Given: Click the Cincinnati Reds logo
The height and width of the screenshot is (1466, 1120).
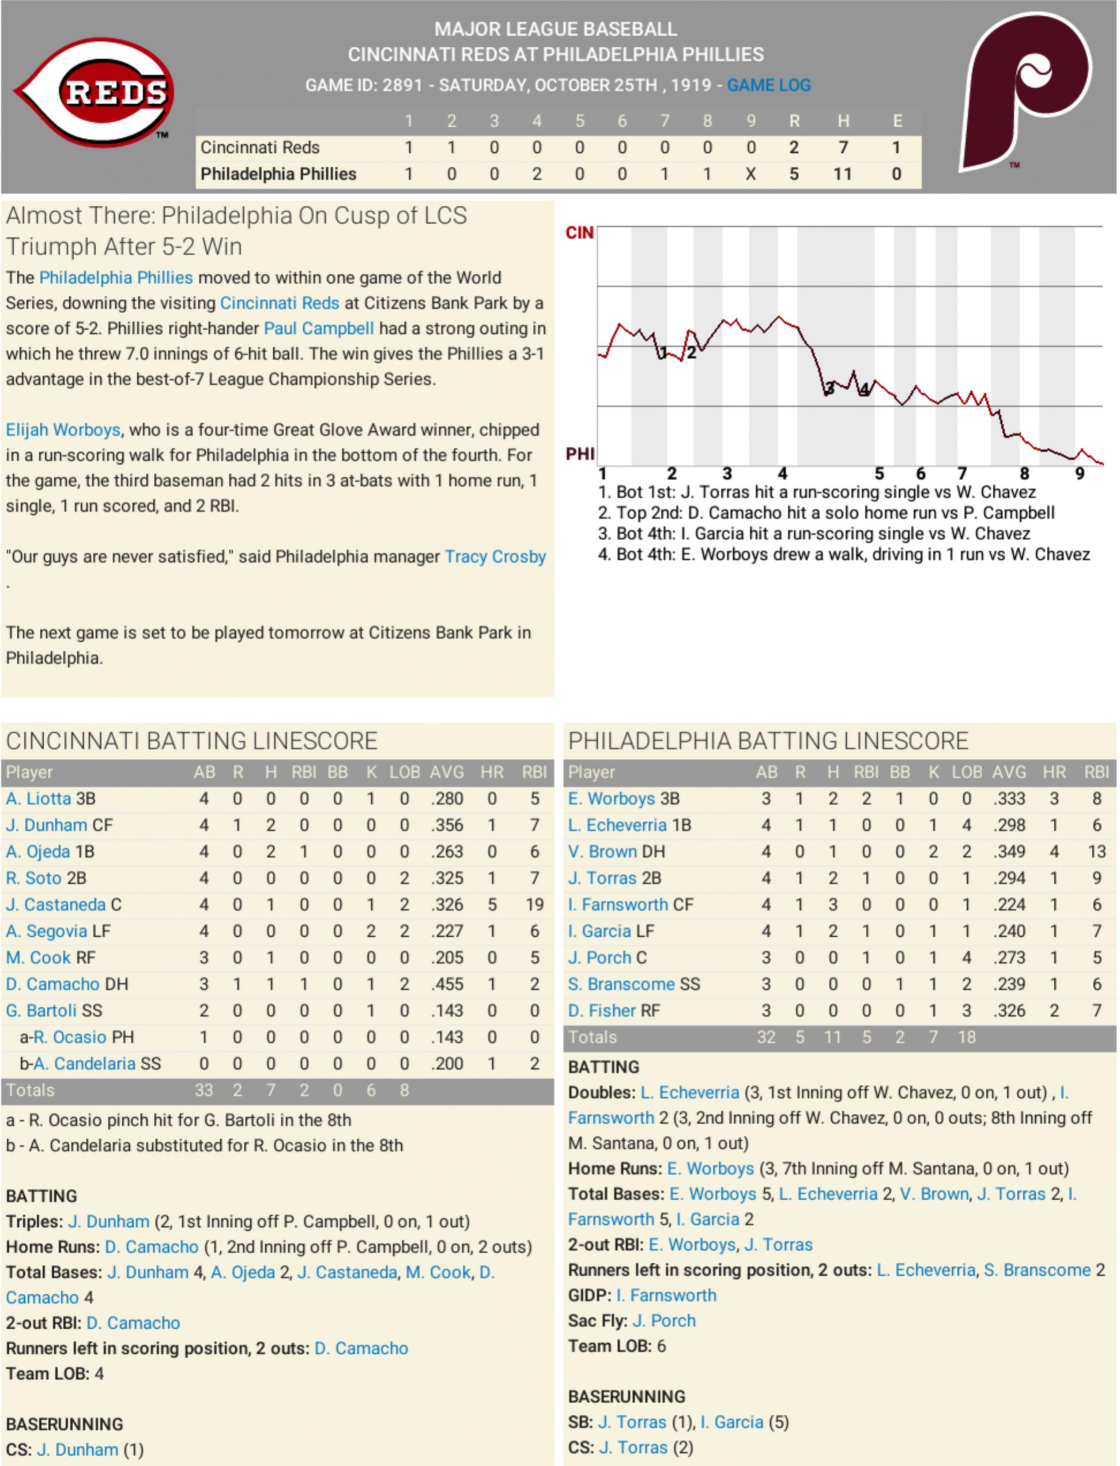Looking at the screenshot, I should pos(95,92).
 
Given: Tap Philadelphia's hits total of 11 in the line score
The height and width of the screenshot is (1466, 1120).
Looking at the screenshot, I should pos(842,174).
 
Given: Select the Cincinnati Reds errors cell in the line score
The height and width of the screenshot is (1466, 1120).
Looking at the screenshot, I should pos(897,148).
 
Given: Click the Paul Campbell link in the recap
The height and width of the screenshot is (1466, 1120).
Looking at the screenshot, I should pos(319,329).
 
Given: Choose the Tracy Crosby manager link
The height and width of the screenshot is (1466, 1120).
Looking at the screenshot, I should pos(495,557).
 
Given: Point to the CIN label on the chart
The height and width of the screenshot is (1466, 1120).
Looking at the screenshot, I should pos(579,233).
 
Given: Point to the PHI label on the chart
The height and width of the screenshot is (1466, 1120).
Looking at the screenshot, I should pos(579,454).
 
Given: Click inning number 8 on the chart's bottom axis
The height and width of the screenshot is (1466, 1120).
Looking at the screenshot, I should pos(1024,474).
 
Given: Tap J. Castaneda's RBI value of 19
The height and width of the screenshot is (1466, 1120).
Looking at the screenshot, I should pos(534,905).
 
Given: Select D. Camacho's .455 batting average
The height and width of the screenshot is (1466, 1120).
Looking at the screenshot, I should pos(446,984).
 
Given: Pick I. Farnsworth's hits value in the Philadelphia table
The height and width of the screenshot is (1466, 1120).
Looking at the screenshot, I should pos(833,905).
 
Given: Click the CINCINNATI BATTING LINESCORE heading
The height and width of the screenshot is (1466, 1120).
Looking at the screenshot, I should pos(192,741).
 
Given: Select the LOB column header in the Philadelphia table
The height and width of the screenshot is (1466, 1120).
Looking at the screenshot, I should pos(966,772).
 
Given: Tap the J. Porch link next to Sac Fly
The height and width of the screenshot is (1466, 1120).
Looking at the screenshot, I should pos(663,1321).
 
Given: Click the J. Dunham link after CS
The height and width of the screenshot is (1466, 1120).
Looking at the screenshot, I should pos(77,1449).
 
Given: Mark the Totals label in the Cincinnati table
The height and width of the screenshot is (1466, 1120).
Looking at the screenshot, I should pos(30,1090).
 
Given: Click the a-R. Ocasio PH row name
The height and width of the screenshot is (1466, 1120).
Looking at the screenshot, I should pos(77,1037).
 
